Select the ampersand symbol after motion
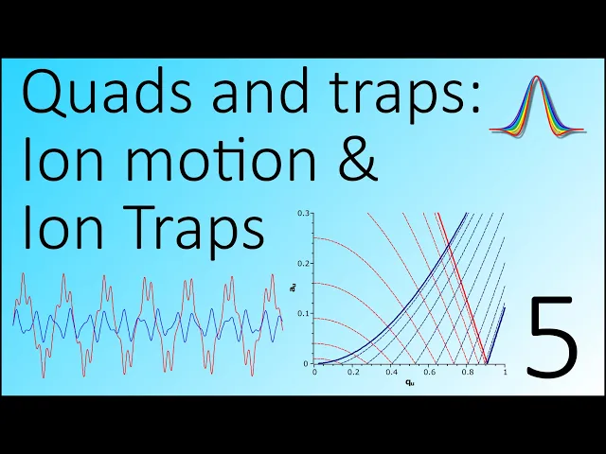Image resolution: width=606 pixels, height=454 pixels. [357, 160]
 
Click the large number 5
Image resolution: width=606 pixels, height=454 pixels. [553, 336]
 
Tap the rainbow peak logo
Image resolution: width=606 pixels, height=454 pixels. [537, 106]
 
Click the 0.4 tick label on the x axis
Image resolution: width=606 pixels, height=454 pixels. [391, 372]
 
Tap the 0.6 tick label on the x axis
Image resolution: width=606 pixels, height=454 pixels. [429, 372]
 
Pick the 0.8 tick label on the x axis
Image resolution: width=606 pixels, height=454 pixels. [468, 372]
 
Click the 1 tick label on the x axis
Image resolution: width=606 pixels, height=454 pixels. [506, 372]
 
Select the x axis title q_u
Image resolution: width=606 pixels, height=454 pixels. [410, 383]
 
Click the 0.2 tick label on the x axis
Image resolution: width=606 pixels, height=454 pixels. [353, 372]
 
